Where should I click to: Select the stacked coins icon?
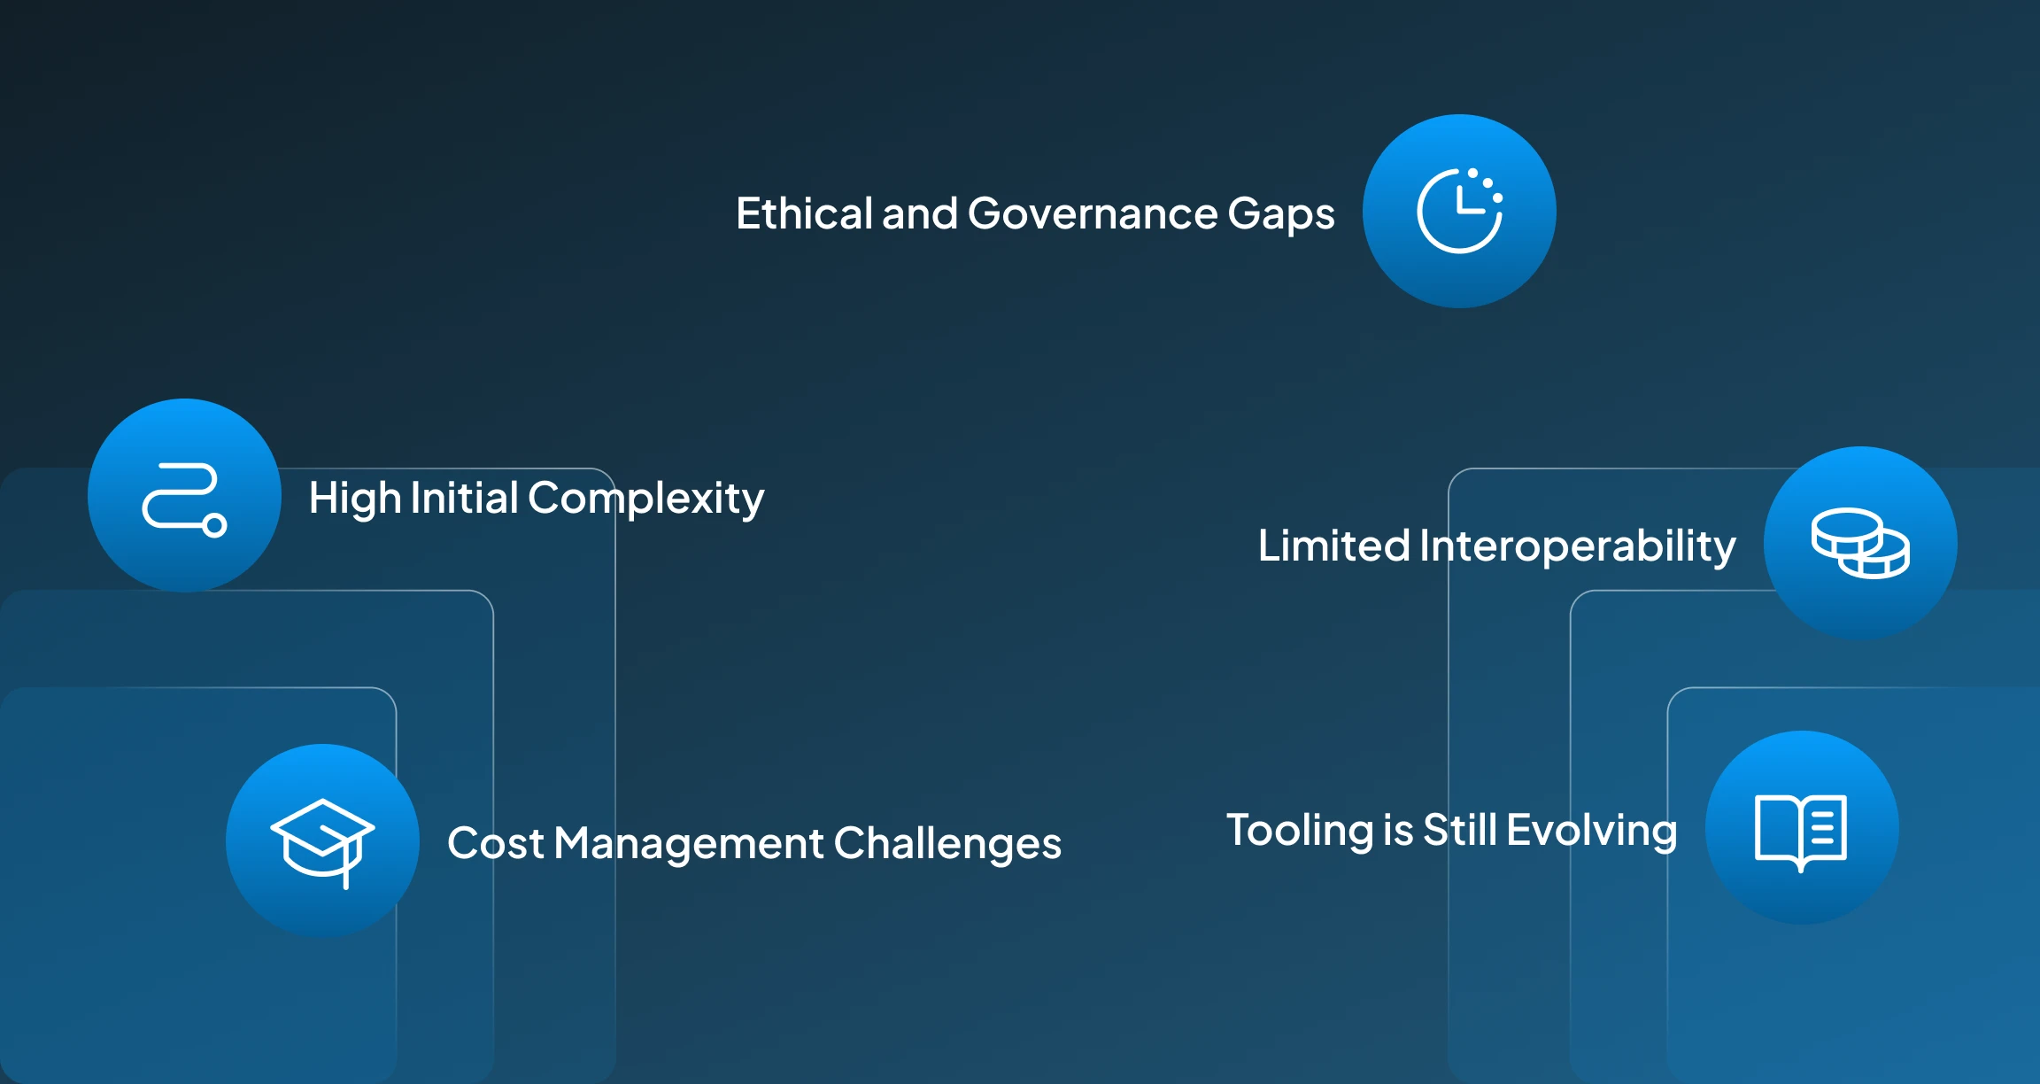tap(1860, 543)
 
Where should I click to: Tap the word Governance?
tap(1093, 213)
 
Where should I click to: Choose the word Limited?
tap(1334, 546)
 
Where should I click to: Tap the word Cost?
tap(496, 843)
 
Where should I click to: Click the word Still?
tap(1460, 831)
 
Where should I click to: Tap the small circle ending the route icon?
tap(214, 525)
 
